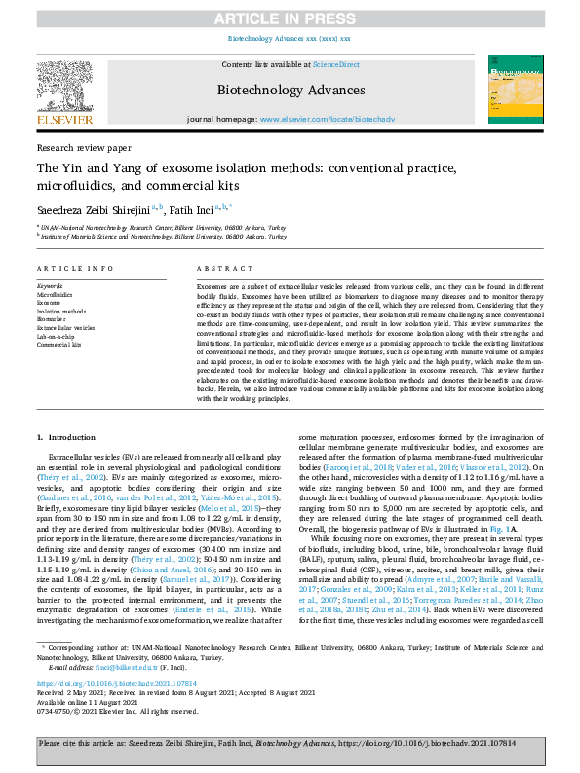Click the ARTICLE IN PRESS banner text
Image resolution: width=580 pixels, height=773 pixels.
(x=290, y=16)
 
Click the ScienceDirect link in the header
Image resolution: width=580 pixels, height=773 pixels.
(x=335, y=64)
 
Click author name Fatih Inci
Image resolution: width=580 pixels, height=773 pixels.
(x=194, y=208)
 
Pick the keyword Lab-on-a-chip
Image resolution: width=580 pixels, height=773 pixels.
(x=56, y=337)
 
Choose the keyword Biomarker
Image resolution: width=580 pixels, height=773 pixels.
(x=53, y=318)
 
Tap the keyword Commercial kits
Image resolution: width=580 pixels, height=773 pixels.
(x=58, y=345)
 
